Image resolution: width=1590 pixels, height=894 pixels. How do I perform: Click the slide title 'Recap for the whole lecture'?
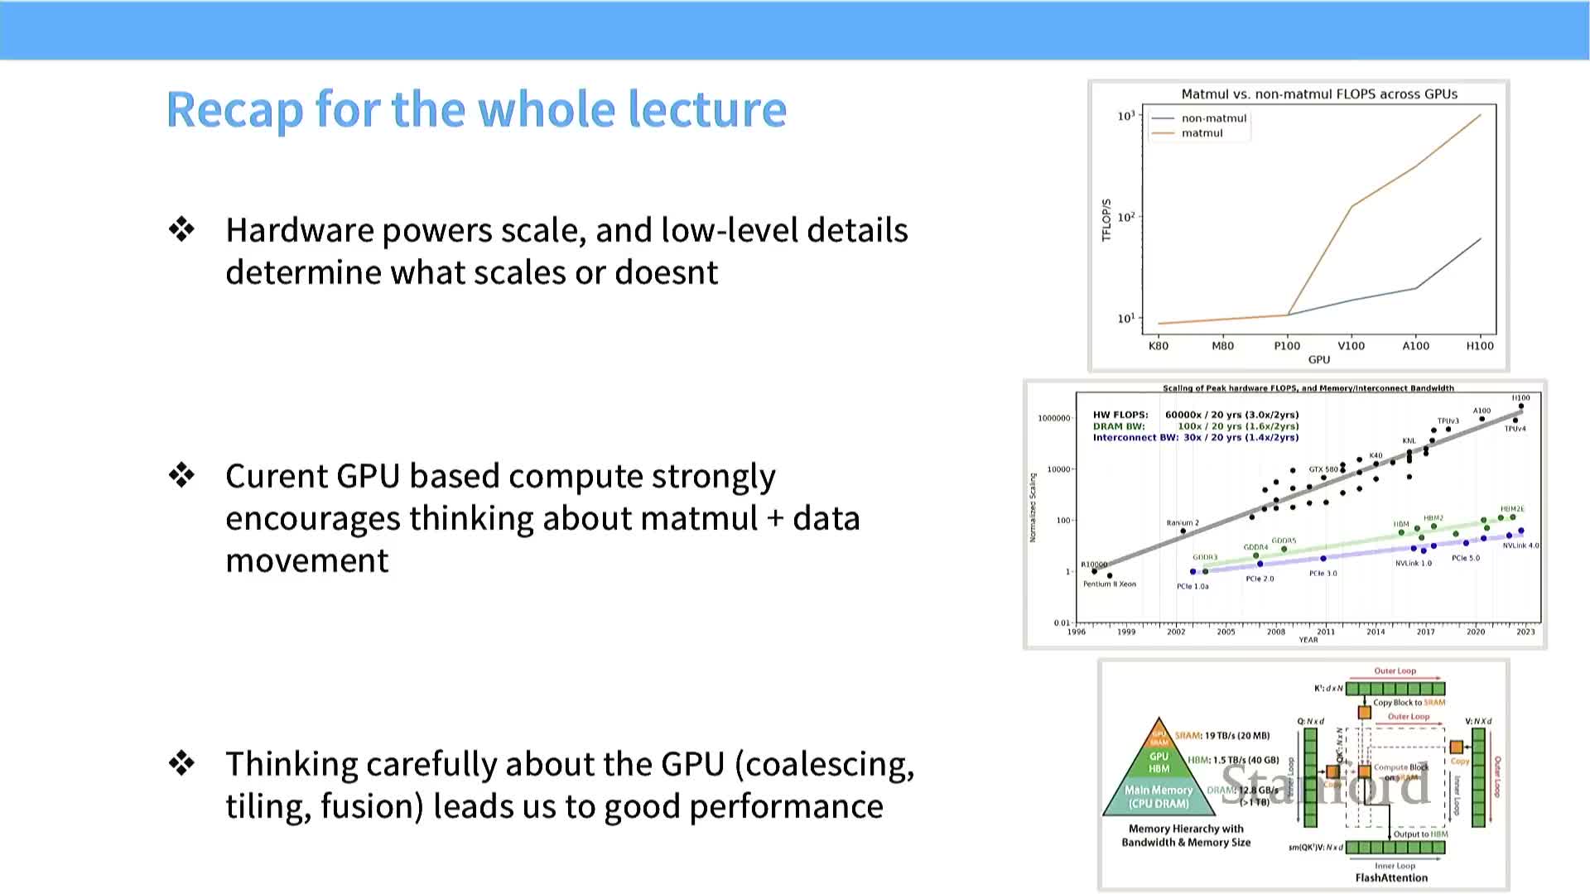[x=476, y=109]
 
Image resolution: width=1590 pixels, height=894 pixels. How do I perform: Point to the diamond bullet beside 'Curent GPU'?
[x=181, y=475]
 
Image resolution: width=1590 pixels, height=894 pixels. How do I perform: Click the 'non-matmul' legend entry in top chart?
[x=1213, y=118]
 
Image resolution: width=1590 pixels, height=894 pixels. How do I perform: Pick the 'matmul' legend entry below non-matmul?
[x=1202, y=133]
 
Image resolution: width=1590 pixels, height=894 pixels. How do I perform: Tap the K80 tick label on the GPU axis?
[x=1159, y=346]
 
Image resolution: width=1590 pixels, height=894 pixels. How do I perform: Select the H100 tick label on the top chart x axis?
[x=1480, y=346]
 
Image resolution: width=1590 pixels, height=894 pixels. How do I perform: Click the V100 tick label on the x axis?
[x=1351, y=346]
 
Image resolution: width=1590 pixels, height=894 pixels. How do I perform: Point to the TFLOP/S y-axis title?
[x=1106, y=220]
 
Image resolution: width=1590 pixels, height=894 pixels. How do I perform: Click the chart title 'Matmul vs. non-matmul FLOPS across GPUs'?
[x=1319, y=94]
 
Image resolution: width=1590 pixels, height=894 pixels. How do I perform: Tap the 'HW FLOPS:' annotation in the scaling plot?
[x=1120, y=415]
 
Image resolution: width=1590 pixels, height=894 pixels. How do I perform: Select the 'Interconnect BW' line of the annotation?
[x=1196, y=438]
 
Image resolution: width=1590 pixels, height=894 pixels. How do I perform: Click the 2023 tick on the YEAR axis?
[x=1525, y=632]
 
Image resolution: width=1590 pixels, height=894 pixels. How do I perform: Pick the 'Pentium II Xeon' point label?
[x=1110, y=584]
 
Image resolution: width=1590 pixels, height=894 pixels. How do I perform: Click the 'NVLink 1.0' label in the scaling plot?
[x=1414, y=564]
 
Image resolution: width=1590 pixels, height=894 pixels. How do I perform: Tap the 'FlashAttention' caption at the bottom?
[x=1391, y=878]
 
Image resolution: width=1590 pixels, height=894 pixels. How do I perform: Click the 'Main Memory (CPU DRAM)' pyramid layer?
[x=1159, y=796]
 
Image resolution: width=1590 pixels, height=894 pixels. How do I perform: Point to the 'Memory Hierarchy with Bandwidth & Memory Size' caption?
[x=1186, y=836]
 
